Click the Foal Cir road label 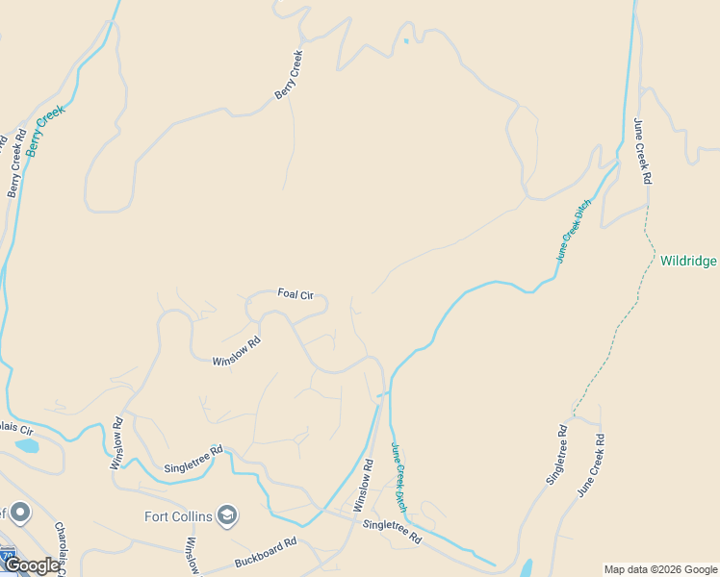coord(296,293)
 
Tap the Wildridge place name coord(688,260)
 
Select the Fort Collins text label coord(178,516)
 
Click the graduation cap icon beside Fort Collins coord(227,516)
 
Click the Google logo coord(31,565)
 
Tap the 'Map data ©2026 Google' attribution coord(660,569)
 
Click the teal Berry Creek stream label coord(45,131)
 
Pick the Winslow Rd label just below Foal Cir coord(237,350)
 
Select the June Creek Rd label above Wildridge coord(642,150)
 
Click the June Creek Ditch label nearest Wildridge coord(573,232)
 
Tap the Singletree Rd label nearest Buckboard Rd coord(392,531)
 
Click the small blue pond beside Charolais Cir coord(26,445)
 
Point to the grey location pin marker coord(19,513)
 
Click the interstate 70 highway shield coord(8,556)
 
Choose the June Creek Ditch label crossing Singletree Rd coord(399,476)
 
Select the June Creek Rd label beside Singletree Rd coord(590,465)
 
